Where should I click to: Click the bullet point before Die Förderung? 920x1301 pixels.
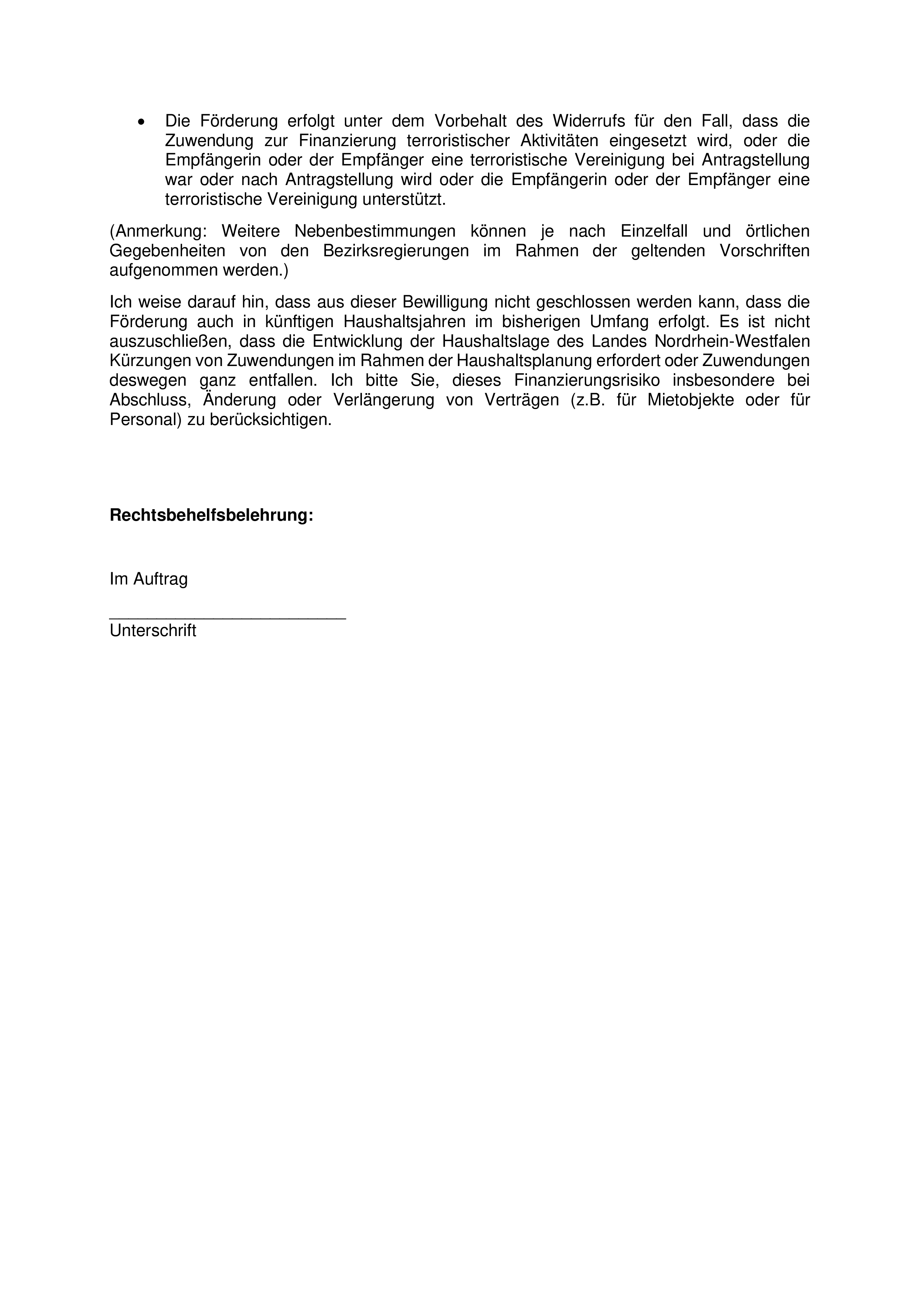[x=141, y=122]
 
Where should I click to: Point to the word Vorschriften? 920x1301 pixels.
[x=764, y=251]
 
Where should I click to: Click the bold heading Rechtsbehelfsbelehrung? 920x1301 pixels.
[x=211, y=515]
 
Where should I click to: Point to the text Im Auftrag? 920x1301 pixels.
[x=148, y=579]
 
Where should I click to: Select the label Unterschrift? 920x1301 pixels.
[x=153, y=631]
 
